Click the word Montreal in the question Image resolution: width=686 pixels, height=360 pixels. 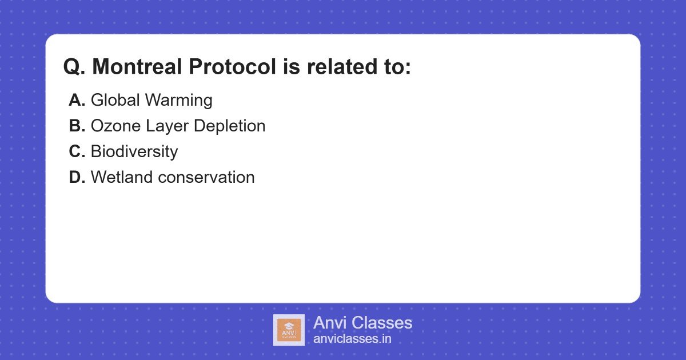138,67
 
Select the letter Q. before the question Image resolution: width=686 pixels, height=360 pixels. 74,67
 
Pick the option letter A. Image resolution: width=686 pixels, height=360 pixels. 77,101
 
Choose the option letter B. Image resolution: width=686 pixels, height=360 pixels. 77,126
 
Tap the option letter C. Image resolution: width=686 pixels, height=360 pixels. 77,152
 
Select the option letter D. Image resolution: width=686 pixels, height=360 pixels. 77,178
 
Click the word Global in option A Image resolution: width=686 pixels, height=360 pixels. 115,101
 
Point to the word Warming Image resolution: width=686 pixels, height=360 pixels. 178,101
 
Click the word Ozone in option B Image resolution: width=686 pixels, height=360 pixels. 113,126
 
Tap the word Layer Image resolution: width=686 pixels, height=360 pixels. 162,126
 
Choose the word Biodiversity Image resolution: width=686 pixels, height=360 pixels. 134,152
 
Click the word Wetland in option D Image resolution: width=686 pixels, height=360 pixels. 121,178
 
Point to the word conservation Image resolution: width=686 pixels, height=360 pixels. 206,178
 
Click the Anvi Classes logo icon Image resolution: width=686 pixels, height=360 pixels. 289,330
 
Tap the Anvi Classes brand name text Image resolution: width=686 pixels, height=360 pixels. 362,323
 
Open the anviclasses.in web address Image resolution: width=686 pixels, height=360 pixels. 352,339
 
